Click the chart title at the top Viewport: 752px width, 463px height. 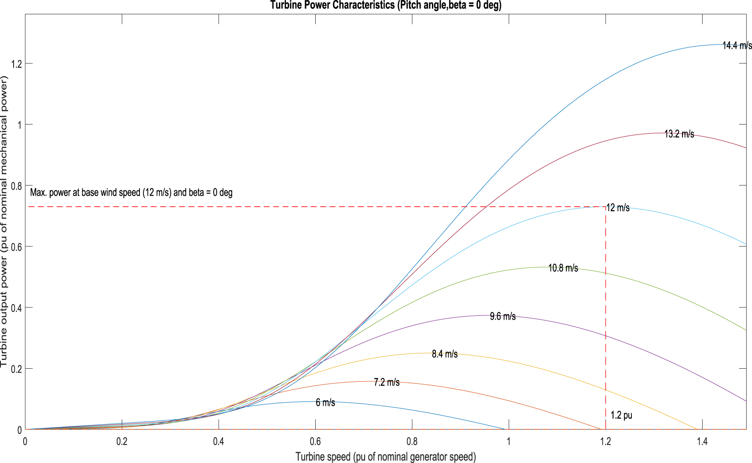coord(386,5)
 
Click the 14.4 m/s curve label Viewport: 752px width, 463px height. coord(737,45)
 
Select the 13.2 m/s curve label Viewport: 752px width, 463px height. coord(679,134)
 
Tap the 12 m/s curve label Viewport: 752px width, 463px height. coord(618,208)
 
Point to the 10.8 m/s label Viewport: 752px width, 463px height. coord(563,268)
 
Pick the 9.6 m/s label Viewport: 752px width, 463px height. coord(502,316)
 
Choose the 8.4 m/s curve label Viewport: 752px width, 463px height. coord(445,354)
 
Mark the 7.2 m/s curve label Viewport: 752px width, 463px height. coord(386,383)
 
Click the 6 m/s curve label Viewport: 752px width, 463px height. coord(325,403)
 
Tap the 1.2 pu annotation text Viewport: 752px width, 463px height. coord(621,415)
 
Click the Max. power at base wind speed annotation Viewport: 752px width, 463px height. coord(131,193)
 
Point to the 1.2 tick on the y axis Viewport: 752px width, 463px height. coord(17,64)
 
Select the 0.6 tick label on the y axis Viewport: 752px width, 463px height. coord(17,247)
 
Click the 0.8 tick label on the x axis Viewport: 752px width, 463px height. coord(412,442)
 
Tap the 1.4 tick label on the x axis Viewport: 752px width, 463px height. coord(702,442)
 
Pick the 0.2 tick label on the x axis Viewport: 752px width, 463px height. coord(122,442)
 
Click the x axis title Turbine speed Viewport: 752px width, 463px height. coord(386,457)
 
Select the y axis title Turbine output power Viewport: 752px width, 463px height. coord(4,222)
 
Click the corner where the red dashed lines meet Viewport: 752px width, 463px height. coord(606,207)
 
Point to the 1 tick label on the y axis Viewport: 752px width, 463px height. coord(19,125)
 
